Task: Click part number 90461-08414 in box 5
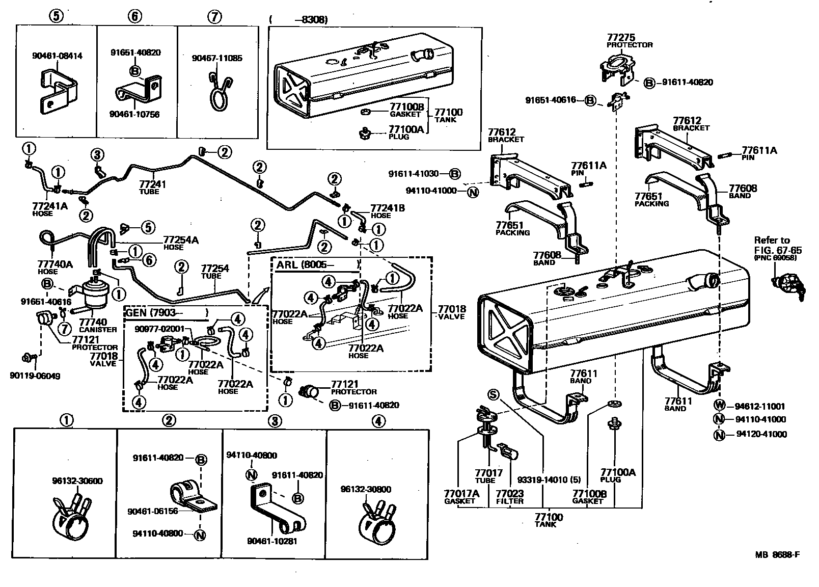(57, 56)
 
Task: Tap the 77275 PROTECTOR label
(629, 41)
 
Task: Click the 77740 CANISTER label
(97, 325)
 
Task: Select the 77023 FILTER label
(509, 497)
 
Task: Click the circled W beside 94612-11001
(719, 406)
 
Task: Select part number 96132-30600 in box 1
(77, 481)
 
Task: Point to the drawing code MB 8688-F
(777, 554)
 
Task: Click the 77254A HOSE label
(180, 242)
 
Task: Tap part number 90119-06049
(35, 376)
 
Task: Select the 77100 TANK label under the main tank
(548, 520)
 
